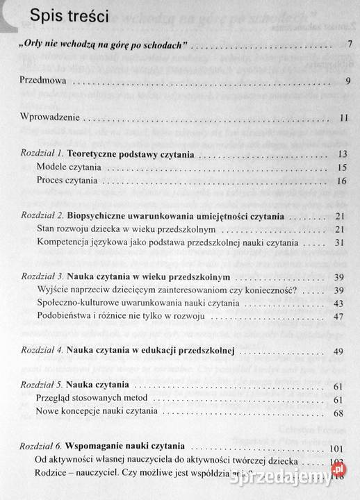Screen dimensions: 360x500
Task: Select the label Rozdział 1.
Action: (45, 152)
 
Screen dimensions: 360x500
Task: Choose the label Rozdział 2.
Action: (45, 216)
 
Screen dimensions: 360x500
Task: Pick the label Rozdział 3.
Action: (45, 278)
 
